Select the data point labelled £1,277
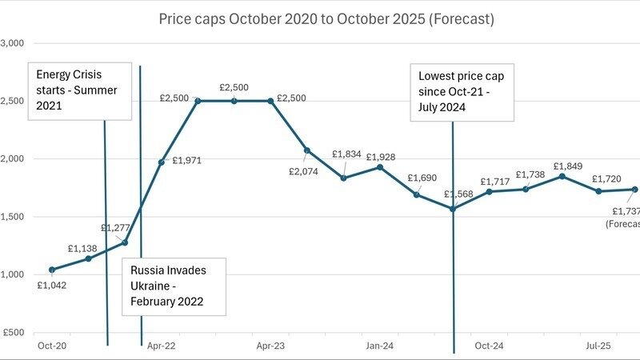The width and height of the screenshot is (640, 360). coord(125,242)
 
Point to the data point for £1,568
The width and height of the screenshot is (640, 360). coord(453,209)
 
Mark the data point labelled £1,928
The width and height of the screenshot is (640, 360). coord(379,167)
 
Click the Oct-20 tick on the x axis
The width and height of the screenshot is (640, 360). coord(52,346)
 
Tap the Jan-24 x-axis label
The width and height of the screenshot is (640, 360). coord(379,346)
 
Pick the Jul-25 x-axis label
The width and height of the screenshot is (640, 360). coord(598,346)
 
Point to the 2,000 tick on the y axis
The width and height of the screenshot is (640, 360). coord(14,159)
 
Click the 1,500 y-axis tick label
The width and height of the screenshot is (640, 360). coord(14,217)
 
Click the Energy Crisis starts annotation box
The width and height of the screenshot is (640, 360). coord(80,90)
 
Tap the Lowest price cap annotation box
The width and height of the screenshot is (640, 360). coord(462,92)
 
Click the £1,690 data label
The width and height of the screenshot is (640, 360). coord(422,178)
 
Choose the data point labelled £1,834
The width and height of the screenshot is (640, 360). coord(343,178)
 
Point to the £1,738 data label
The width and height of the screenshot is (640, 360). coord(531,174)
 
